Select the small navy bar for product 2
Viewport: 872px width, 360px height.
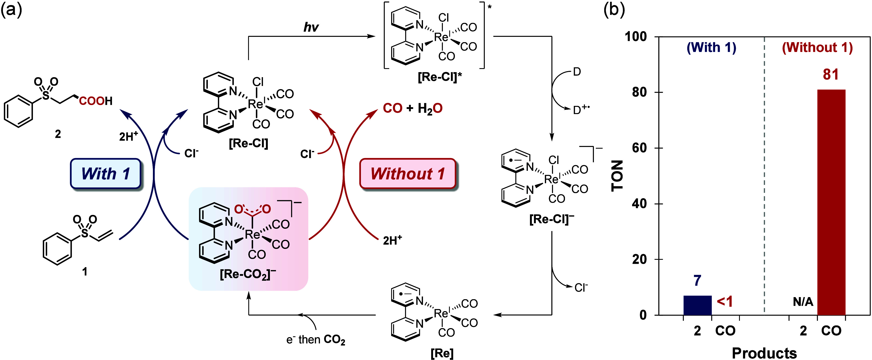click(x=697, y=305)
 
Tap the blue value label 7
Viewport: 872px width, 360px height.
click(x=697, y=281)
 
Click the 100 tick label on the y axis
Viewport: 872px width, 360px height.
click(x=636, y=36)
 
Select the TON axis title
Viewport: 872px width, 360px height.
click(x=617, y=176)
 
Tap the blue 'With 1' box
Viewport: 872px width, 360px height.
click(x=106, y=174)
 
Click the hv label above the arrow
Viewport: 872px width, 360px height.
click(x=311, y=27)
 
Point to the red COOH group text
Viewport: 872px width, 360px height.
click(x=95, y=101)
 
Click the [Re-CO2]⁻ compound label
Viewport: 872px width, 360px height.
click(x=248, y=274)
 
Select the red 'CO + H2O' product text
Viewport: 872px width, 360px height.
click(x=413, y=108)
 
